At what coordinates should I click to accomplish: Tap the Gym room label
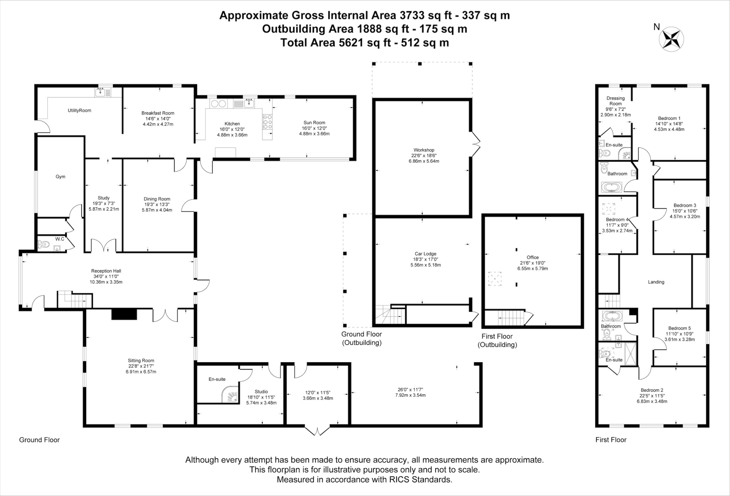pyautogui.click(x=60, y=177)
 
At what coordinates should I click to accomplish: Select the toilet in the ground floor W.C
pyautogui.click(x=44, y=245)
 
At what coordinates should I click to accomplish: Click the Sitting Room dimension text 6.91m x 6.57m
pyautogui.click(x=141, y=371)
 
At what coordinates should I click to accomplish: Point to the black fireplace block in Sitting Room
pyautogui.click(x=124, y=314)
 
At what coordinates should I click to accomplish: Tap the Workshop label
pyautogui.click(x=424, y=150)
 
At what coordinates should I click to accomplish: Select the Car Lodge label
pyautogui.click(x=425, y=254)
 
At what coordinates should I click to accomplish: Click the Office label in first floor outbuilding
pyautogui.click(x=533, y=257)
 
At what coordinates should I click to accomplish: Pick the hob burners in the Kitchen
pyautogui.click(x=267, y=122)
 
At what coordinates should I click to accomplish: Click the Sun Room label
pyautogui.click(x=314, y=122)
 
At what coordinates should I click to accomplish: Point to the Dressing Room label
pyautogui.click(x=616, y=101)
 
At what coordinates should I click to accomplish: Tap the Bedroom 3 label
pyautogui.click(x=685, y=205)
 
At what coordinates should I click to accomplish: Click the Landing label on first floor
pyautogui.click(x=656, y=282)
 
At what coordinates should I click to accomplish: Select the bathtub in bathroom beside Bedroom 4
pyautogui.click(x=611, y=187)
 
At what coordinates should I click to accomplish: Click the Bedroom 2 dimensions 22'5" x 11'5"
pyautogui.click(x=652, y=395)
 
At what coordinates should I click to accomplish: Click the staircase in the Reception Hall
pyautogui.click(x=75, y=300)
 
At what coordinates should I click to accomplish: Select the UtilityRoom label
pyautogui.click(x=79, y=110)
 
